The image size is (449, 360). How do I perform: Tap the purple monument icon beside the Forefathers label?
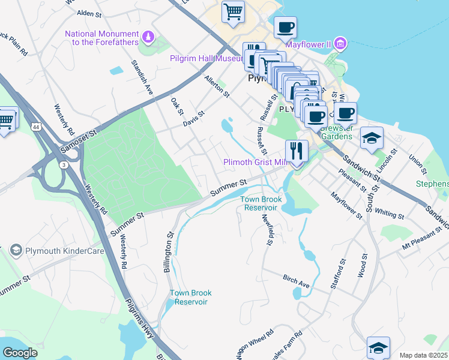point(147,38)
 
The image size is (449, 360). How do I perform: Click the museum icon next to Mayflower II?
point(340,43)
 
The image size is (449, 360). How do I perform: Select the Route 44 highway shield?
point(36,128)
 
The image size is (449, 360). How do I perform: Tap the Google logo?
point(20,353)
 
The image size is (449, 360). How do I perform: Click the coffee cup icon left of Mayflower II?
point(286,27)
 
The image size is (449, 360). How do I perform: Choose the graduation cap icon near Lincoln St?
point(372,137)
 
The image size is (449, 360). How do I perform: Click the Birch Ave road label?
point(296,281)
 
